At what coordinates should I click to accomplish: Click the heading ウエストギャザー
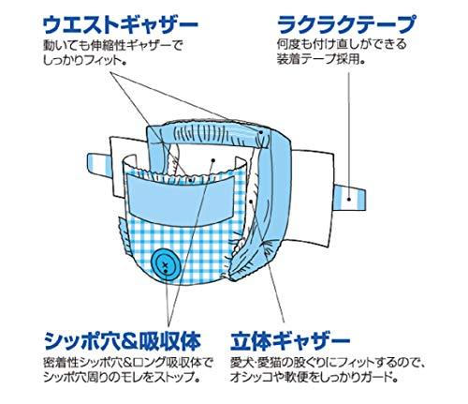click(x=120, y=25)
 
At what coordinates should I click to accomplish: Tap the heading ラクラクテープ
click(x=346, y=24)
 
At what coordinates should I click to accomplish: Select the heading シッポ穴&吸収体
click(x=123, y=341)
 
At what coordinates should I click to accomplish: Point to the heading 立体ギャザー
click(x=290, y=341)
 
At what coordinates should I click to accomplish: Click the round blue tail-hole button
click(x=165, y=264)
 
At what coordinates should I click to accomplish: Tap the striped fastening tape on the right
click(x=350, y=198)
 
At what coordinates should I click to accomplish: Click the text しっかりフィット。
click(x=86, y=60)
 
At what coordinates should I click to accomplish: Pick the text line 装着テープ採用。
click(x=321, y=59)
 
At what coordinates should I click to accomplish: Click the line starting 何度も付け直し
click(x=342, y=44)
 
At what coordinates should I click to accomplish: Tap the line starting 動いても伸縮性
click(x=112, y=45)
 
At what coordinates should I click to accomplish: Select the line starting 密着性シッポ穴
click(x=128, y=363)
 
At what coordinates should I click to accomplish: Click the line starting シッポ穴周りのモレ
click(x=122, y=378)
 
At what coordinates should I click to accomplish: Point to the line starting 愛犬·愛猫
click(x=328, y=363)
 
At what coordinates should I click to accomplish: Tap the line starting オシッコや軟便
click(x=314, y=378)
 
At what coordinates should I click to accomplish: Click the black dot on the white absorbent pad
click(x=213, y=160)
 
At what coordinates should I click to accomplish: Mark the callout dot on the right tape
click(x=349, y=199)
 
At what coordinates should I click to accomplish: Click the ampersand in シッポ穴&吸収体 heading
click(x=129, y=341)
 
